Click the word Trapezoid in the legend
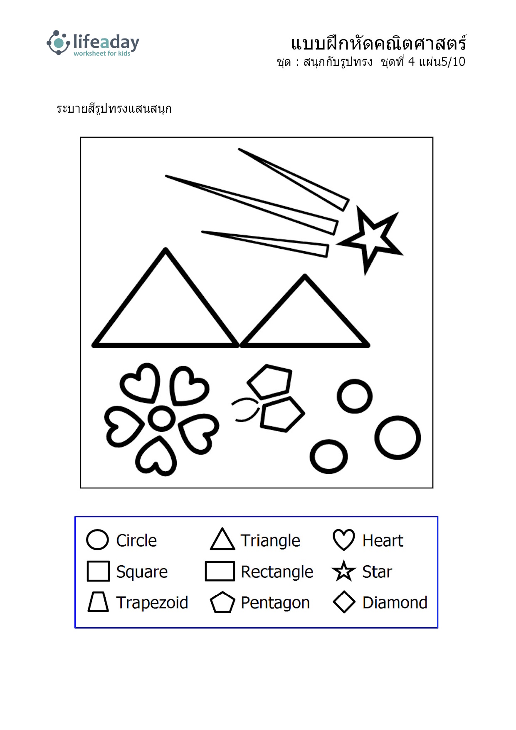(152, 602)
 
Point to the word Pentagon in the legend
(275, 603)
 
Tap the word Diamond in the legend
(395, 602)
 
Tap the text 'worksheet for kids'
(102, 53)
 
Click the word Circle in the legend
(136, 540)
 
